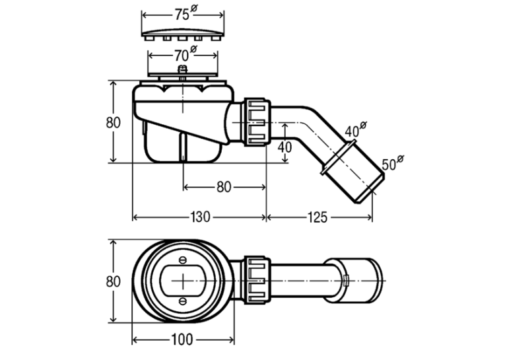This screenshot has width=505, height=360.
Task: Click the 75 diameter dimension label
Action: coord(185,13)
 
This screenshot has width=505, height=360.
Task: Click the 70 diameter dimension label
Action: coord(185,54)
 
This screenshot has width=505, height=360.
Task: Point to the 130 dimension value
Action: coord(200,217)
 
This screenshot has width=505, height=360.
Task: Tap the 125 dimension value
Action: coord(318,217)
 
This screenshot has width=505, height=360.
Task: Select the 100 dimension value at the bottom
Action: coord(182,340)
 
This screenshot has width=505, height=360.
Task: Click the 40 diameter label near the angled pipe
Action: coord(356,129)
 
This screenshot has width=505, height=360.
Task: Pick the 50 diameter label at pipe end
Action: coord(393,162)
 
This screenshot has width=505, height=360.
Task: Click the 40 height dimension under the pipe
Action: coord(285,147)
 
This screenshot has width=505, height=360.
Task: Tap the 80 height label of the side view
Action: coord(114,122)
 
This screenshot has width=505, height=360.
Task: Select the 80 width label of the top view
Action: coord(114,281)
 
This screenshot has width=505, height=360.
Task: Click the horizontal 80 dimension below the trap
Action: coord(224,187)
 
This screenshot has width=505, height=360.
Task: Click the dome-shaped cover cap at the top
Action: coord(183,34)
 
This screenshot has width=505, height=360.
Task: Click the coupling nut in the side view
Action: coord(257,122)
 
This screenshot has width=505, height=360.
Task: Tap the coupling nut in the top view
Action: coord(257,280)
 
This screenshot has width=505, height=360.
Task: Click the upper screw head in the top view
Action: coord(183,260)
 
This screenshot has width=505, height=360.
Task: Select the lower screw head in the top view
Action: coord(183,301)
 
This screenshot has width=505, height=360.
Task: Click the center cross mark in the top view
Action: coord(183,281)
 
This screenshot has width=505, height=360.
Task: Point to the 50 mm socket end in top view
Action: coord(354,281)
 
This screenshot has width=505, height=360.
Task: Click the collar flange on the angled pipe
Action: coord(338,157)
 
